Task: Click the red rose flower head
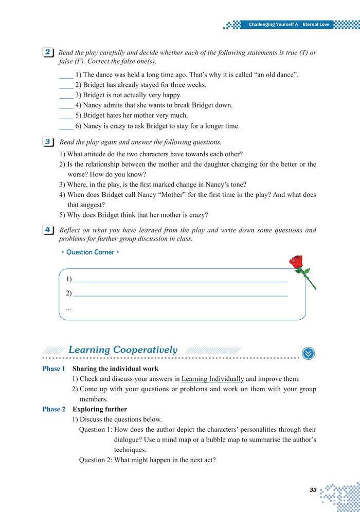point(296,262)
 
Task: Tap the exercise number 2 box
point(47,52)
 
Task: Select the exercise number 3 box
point(47,141)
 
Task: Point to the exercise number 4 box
point(47,230)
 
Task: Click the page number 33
point(313,490)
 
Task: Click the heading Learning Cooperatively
point(122,350)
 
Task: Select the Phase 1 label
point(53,369)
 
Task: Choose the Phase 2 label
point(53,409)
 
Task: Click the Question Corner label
point(90,252)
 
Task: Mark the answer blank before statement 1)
point(66,75)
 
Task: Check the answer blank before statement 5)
point(66,116)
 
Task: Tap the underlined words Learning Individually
point(212,379)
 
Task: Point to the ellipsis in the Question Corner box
point(69,308)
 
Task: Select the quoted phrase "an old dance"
point(272,75)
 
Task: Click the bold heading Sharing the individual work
point(115,369)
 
